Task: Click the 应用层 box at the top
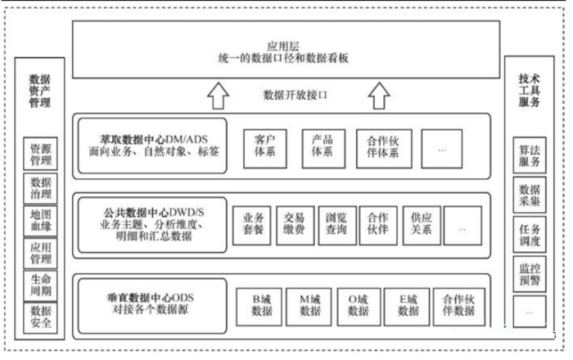coord(283,52)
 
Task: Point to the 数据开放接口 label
coord(296,95)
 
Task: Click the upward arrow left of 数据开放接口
coord(217,97)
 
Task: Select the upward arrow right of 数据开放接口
coord(377,97)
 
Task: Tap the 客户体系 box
coord(263,146)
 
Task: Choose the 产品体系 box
coord(322,146)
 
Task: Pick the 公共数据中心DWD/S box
coord(151,224)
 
